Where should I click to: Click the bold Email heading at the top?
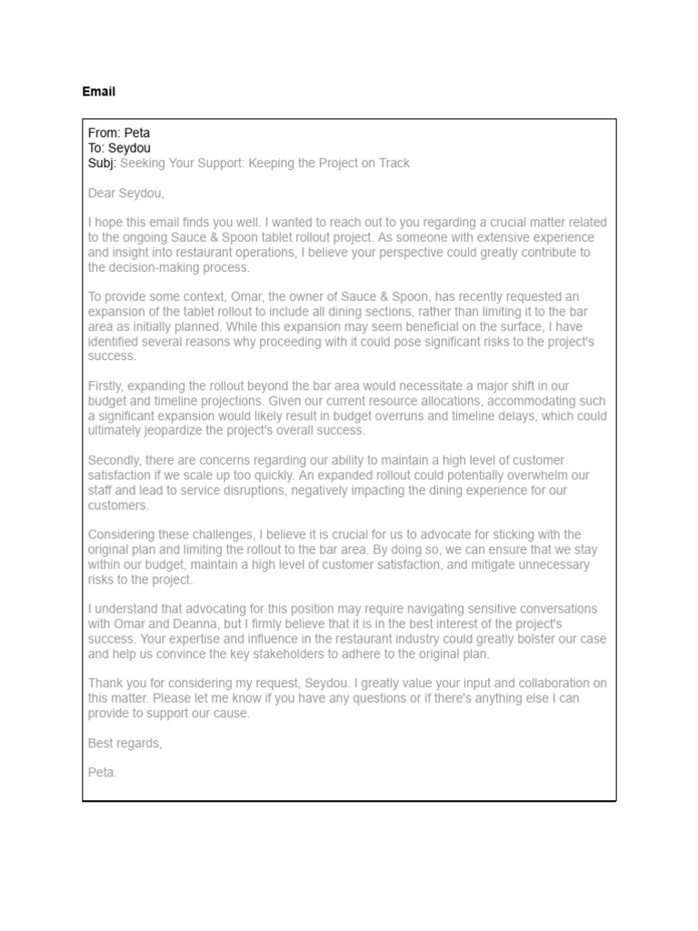point(98,92)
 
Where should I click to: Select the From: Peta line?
point(119,133)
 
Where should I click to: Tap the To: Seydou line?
point(119,147)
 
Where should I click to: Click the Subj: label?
point(102,163)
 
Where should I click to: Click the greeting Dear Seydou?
point(126,193)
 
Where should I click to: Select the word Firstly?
point(106,386)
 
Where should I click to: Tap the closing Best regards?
point(125,743)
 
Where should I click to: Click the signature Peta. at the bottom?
point(103,773)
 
